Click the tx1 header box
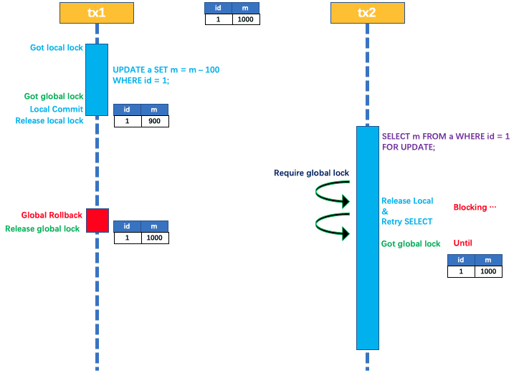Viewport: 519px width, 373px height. coord(97,13)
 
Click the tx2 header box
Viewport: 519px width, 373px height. coord(367,13)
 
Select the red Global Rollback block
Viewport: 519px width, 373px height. coord(97,221)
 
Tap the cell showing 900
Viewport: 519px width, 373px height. coord(155,122)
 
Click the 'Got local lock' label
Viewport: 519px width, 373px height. coord(57,48)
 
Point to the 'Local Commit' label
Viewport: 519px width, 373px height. coord(57,110)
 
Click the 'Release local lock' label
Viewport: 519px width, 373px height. coord(49,121)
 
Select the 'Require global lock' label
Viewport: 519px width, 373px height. coord(311,173)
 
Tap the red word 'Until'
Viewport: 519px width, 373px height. coord(463,243)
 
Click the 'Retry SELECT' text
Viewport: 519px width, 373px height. coord(406,222)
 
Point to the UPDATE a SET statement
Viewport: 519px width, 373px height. coord(166,75)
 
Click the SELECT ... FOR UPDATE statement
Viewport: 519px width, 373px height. coord(445,141)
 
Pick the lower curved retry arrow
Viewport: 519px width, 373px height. coord(332,226)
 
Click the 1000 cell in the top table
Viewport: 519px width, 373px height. coord(246,19)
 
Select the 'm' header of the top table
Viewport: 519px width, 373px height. coord(246,8)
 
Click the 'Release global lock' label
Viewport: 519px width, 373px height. coord(42,229)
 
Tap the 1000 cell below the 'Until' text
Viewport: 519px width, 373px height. coord(488,272)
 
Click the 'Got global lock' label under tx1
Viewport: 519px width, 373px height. coord(54,97)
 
